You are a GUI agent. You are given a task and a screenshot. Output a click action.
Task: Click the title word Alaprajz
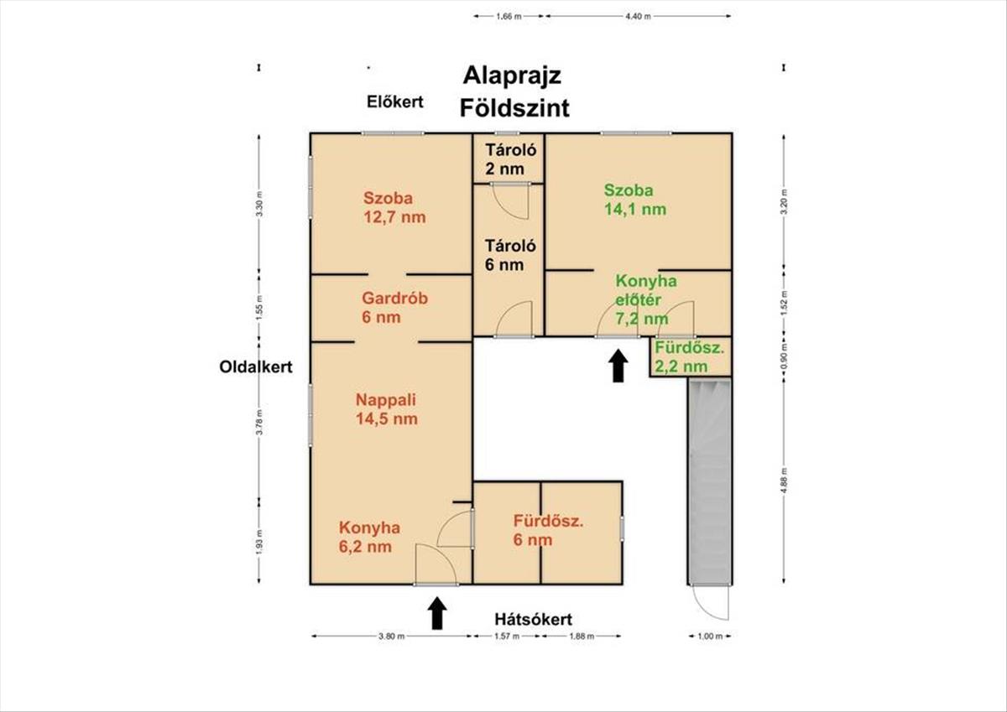point(513,75)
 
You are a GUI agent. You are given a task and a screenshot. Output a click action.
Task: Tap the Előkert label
point(395,102)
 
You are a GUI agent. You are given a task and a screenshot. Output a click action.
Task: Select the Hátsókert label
point(532,620)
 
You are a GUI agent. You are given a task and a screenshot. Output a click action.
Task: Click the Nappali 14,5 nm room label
point(386,408)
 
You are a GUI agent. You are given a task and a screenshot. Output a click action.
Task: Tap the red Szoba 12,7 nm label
point(394,207)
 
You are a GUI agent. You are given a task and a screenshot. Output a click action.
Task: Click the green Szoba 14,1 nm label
point(635,200)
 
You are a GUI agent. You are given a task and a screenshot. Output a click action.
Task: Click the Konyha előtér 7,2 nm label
point(646,299)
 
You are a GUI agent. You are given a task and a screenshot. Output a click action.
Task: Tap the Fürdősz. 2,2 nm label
point(689,356)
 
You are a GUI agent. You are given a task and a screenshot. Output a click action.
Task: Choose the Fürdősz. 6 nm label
point(548,530)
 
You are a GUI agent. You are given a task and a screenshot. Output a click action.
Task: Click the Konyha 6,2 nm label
point(369,538)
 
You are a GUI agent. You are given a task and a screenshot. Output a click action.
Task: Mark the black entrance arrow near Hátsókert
point(436,612)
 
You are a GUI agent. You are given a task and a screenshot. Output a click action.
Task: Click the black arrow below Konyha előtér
point(618,366)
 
